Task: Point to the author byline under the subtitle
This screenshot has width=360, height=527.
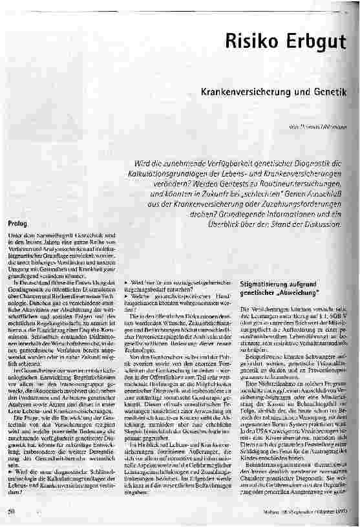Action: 317,129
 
